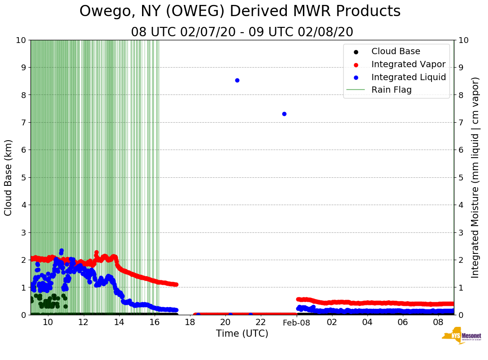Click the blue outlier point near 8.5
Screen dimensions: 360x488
coord(237,81)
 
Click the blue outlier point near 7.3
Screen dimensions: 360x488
coord(284,114)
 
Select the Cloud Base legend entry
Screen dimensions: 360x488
coord(396,51)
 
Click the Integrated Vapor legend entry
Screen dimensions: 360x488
coord(408,64)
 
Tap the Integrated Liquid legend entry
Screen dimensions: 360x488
coord(409,77)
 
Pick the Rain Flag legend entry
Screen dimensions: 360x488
coord(391,90)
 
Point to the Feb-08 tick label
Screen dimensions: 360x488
coord(297,322)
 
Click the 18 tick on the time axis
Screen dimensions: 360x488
coord(190,322)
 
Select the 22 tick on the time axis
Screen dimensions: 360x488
coord(261,322)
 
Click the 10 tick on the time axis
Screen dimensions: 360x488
coord(48,322)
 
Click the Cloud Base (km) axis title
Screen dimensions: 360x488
coord(9,177)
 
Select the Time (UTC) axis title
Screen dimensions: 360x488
coord(242,334)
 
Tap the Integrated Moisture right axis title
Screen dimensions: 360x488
coord(475,177)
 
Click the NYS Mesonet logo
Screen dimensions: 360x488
coord(461,337)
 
